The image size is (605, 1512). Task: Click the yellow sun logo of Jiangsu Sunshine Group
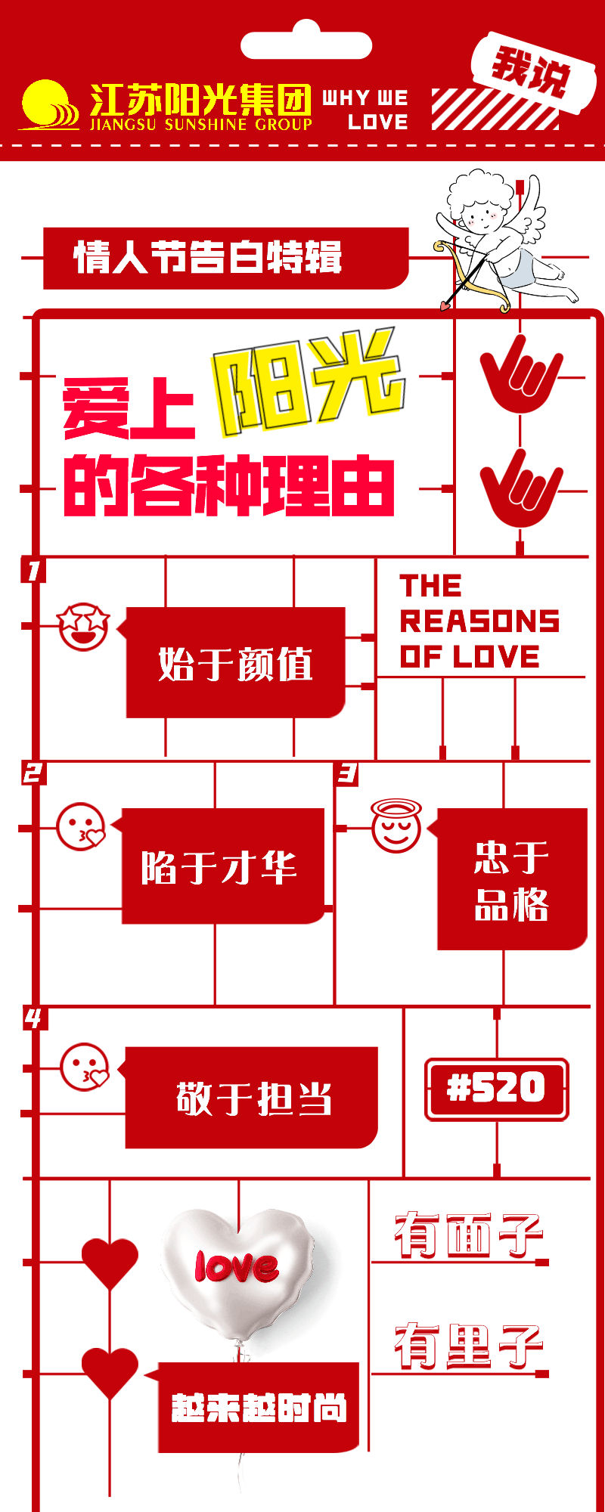click(49, 105)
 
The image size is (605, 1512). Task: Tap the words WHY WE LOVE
click(366, 110)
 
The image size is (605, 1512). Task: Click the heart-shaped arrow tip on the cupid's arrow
click(445, 305)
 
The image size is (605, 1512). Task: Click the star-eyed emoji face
click(83, 626)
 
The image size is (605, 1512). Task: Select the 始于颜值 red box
click(235, 663)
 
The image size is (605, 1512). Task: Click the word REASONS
click(479, 621)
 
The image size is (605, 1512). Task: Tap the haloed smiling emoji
click(396, 827)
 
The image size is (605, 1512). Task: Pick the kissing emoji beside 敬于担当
click(85, 1067)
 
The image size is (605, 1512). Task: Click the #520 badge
click(497, 1089)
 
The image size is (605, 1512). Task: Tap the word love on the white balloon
click(236, 1266)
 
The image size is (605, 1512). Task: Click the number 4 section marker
click(33, 1019)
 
